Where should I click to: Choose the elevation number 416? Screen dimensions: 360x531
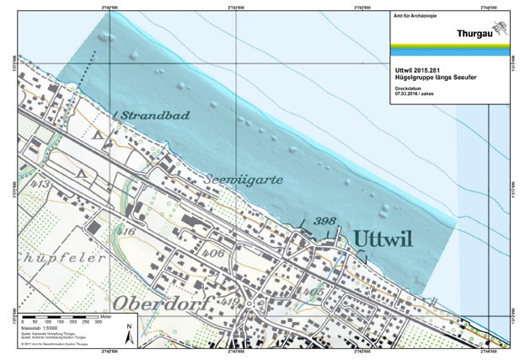click(128, 231)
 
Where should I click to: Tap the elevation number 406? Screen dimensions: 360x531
click(212, 252)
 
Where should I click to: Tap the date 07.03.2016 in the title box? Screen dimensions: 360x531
click(409, 94)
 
